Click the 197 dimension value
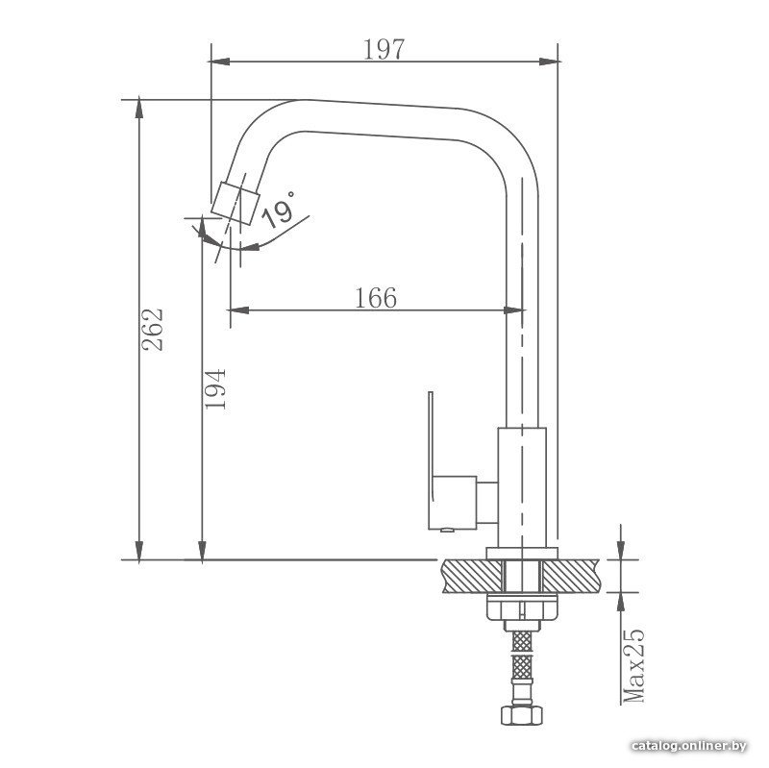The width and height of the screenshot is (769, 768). (x=384, y=49)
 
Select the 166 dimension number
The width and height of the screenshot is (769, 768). (x=376, y=298)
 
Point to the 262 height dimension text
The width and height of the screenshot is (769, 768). (x=152, y=329)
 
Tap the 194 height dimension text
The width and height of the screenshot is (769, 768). (x=214, y=389)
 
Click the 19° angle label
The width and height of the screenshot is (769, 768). (x=279, y=211)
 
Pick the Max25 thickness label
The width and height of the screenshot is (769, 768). (x=633, y=665)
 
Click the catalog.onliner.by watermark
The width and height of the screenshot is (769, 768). (x=689, y=746)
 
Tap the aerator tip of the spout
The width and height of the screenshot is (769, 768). (x=235, y=203)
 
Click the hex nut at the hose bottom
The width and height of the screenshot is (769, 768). (x=522, y=714)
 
